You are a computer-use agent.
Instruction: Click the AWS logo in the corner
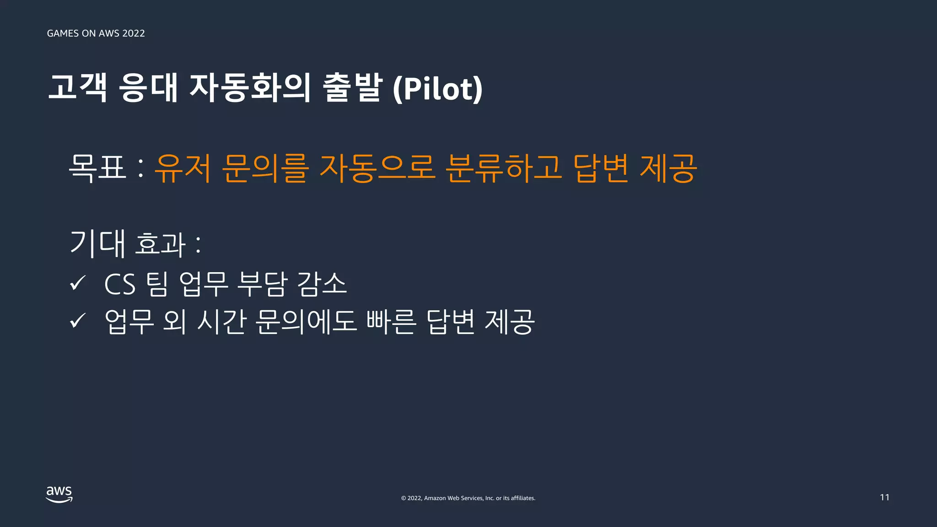coord(59,494)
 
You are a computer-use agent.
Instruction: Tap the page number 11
coord(884,497)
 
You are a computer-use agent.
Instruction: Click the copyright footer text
coord(468,498)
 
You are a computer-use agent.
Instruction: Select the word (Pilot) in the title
coord(437,88)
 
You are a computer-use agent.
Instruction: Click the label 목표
coord(97,168)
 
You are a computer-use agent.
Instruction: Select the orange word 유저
coord(183,168)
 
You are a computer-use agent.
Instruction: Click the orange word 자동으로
coord(377,168)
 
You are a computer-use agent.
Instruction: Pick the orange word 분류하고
coord(503,168)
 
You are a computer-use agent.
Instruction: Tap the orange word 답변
coord(601,168)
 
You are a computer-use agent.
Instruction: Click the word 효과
coord(160,243)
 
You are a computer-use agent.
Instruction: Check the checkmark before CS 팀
coord(78,283)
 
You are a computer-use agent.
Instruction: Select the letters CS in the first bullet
coord(120,284)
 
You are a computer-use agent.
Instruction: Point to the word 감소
coord(321,284)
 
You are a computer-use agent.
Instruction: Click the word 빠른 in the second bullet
coord(391,321)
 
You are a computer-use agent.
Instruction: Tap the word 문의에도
coord(305,321)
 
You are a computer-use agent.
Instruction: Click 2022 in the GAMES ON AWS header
coord(134,33)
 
